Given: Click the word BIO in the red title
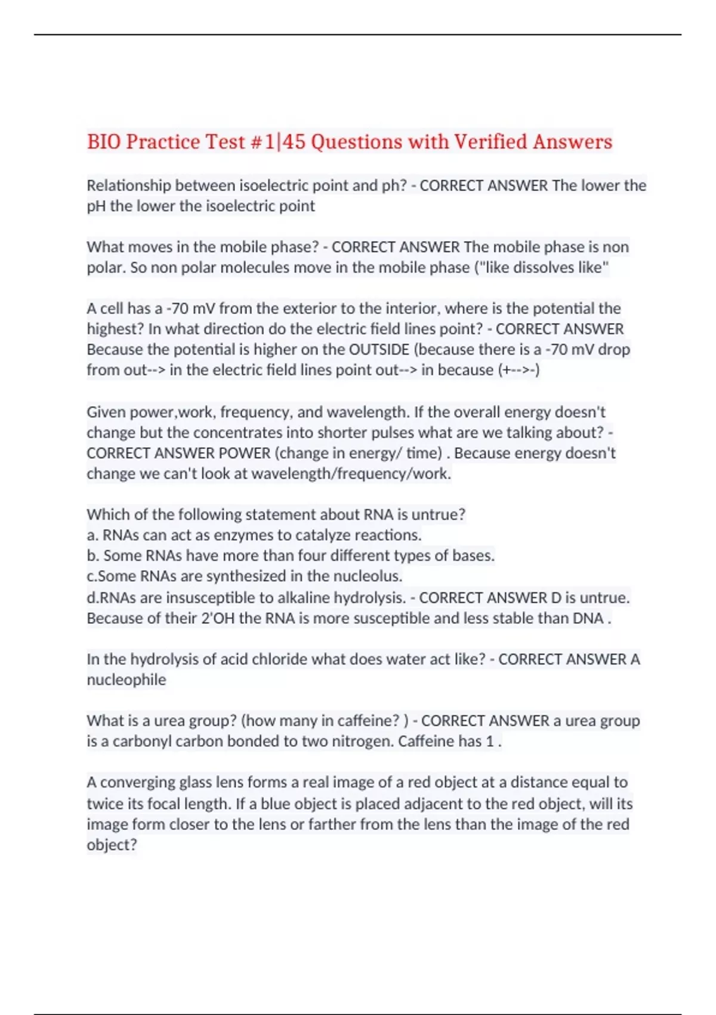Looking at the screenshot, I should coord(104,142).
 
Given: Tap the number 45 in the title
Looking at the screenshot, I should coord(293,142).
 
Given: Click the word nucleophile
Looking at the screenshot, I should coord(126,680).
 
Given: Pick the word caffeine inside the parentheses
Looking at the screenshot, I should coord(367,721).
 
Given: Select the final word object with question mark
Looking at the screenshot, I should coord(112,845).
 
